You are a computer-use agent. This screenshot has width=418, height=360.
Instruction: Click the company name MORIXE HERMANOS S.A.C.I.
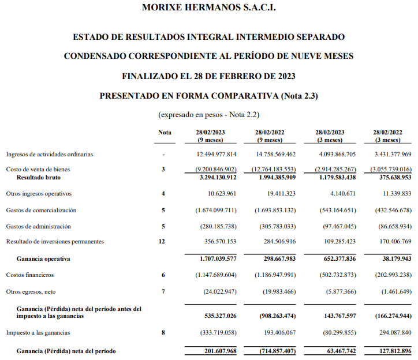pos(208,7)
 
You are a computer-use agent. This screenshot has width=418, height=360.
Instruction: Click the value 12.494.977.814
pos(213,155)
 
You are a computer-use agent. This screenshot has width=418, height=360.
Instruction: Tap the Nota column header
pos(165,133)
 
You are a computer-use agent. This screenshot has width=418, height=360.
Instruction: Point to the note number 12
pos(165,241)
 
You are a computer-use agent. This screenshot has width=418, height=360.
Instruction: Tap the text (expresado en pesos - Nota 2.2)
pos(208,115)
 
